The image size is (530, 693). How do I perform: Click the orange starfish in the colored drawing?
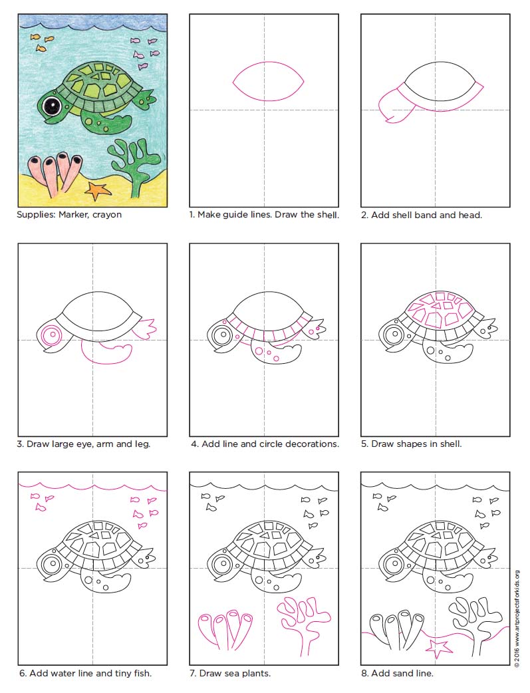coord(98,191)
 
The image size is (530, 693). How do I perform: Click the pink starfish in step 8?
coord(439,646)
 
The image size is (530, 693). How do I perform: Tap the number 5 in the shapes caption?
coord(364,444)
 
